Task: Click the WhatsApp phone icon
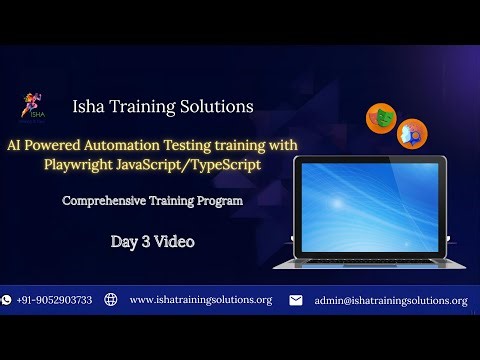click(7, 300)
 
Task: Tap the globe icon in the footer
click(110, 300)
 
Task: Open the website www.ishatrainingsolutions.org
click(201, 300)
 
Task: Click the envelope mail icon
click(296, 300)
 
